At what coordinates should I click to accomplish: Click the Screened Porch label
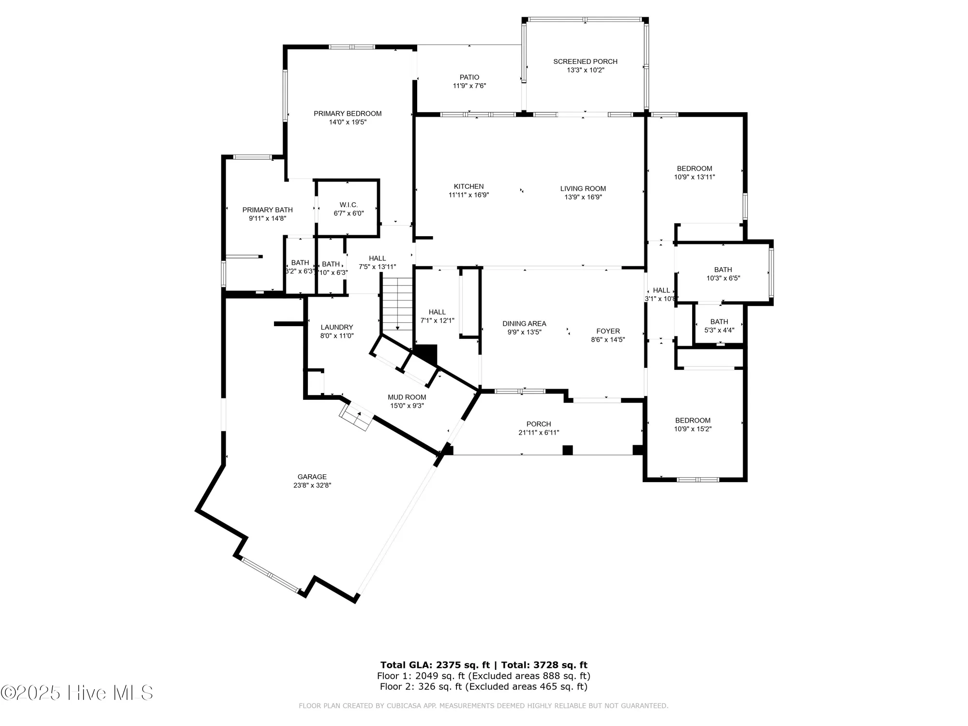585,61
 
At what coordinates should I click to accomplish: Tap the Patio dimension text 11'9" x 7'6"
469,86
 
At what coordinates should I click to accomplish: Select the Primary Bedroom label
348,113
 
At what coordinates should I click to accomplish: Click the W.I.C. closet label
348,205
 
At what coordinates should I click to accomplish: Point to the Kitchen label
469,186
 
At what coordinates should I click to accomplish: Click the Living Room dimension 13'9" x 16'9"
583,197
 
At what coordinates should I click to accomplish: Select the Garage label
312,477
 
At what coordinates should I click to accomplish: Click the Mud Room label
407,397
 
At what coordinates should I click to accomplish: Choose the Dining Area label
524,323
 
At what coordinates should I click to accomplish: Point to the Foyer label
608,331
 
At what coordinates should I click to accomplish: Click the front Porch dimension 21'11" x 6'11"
538,433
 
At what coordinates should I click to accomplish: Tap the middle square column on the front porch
567,450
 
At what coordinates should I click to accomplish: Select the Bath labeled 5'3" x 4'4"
719,326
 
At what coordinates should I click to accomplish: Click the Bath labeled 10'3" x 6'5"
723,274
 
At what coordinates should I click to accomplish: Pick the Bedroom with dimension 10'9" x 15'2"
693,424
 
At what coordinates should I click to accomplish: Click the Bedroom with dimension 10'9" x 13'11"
694,173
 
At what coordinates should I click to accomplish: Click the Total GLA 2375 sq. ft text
435,665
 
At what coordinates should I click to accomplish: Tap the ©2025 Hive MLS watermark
77,693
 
